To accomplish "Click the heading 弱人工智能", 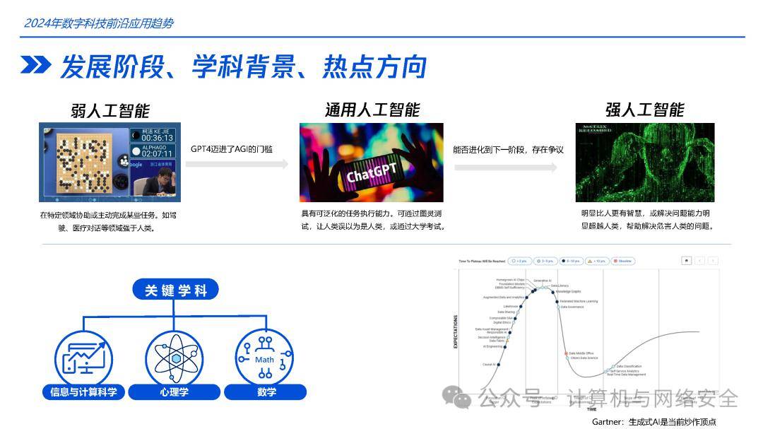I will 110,110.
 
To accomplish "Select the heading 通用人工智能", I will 372,110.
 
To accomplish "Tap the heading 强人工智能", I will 644,110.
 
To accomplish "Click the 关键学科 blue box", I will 176,290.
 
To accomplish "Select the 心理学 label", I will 176,392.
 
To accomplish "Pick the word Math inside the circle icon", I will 265,360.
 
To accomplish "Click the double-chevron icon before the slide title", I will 35,66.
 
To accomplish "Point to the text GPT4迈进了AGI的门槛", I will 231,149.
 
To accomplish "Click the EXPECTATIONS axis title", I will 456,332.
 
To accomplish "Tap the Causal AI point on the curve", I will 499,365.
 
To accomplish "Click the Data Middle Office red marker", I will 566,353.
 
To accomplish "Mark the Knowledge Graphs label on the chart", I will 568,291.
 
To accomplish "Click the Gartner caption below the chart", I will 653,422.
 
